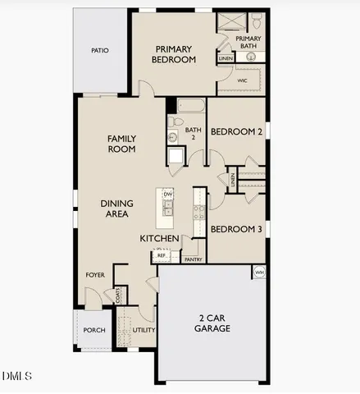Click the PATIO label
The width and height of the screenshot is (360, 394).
pyautogui.click(x=100, y=51)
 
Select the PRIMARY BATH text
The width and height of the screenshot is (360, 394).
pyautogui.click(x=248, y=42)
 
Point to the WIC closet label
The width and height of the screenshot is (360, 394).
pyautogui.click(x=243, y=81)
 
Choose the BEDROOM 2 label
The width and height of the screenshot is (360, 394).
pyautogui.click(x=236, y=131)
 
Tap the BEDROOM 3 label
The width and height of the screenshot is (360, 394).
pyautogui.click(x=236, y=230)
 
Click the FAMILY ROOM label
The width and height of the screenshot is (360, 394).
pyautogui.click(x=121, y=144)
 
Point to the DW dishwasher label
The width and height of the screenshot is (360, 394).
pyautogui.click(x=167, y=195)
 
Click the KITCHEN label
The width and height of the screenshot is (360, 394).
pyautogui.click(x=159, y=238)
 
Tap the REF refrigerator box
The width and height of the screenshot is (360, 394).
pyautogui.click(x=162, y=256)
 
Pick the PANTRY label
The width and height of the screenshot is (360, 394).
pyautogui.click(x=194, y=259)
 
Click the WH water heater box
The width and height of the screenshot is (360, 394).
pyautogui.click(x=259, y=273)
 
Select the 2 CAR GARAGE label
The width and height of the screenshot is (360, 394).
pyautogui.click(x=212, y=323)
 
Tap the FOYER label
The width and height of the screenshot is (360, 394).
pyautogui.click(x=96, y=275)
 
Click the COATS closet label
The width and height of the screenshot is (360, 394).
pyautogui.click(x=119, y=295)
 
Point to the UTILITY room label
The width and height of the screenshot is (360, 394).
pyautogui.click(x=144, y=330)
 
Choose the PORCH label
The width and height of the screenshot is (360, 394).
pyautogui.click(x=94, y=331)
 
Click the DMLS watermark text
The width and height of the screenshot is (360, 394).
pyautogui.click(x=16, y=376)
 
